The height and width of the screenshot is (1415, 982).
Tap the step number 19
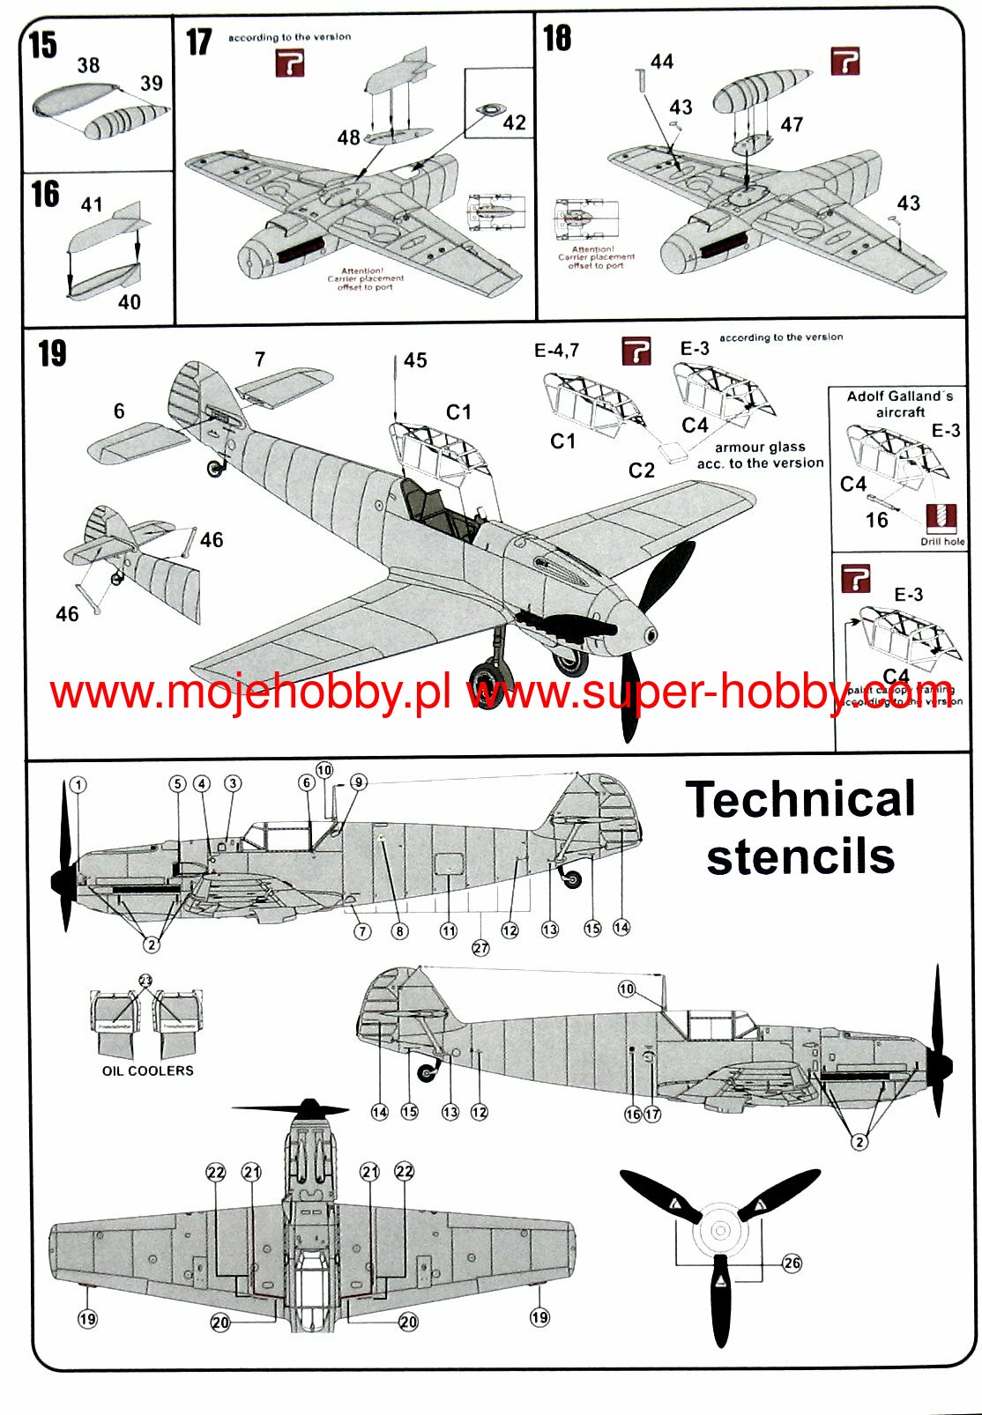[x=53, y=353]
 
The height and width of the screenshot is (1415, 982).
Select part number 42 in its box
[x=514, y=122]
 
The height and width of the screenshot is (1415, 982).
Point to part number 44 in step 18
[x=662, y=62]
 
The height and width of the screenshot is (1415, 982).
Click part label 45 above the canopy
[x=415, y=360]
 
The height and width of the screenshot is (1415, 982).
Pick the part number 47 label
[x=792, y=125]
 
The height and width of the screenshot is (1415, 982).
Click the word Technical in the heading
[x=800, y=800]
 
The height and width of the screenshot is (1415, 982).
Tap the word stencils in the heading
[x=800, y=857]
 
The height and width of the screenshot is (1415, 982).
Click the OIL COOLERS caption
[x=147, y=1071]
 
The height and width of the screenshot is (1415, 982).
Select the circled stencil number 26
[x=792, y=1263]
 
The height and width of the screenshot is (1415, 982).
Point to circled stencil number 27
[x=480, y=948]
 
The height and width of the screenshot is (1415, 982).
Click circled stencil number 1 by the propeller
[x=78, y=785]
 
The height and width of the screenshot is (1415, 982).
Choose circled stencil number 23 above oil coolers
[x=145, y=980]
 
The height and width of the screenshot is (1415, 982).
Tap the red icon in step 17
[x=290, y=63]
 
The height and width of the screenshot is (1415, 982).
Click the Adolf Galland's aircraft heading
[x=900, y=404]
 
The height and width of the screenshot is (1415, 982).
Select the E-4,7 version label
[x=557, y=351]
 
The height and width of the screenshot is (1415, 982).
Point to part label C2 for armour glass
[x=642, y=470]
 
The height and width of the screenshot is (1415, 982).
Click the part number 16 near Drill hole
[x=876, y=520]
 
